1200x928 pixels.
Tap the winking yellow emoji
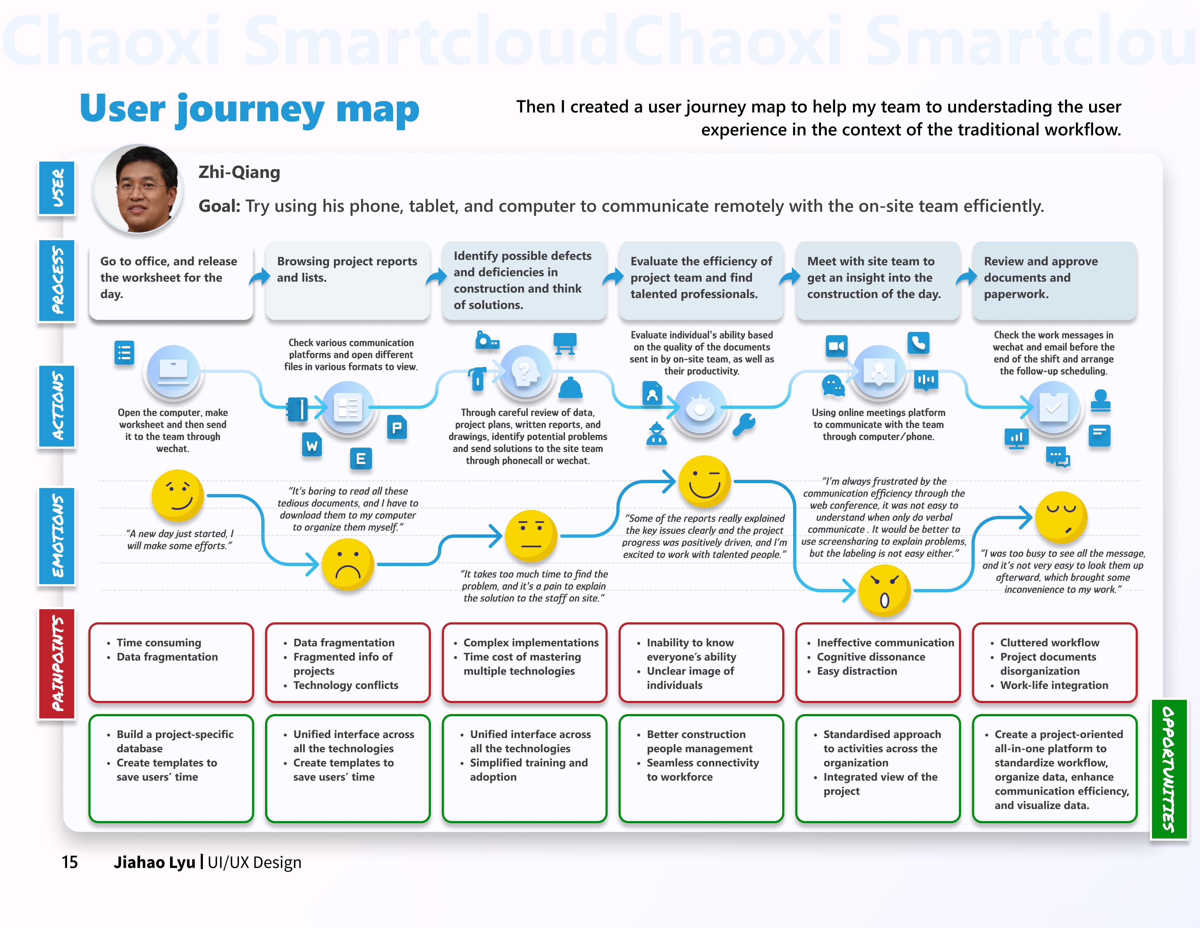(x=704, y=481)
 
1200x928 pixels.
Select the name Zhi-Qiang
(x=239, y=172)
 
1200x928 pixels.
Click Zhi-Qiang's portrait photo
(x=139, y=189)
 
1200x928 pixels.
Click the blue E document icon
(x=361, y=459)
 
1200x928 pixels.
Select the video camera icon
(x=836, y=346)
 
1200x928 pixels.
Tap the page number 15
(x=70, y=862)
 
